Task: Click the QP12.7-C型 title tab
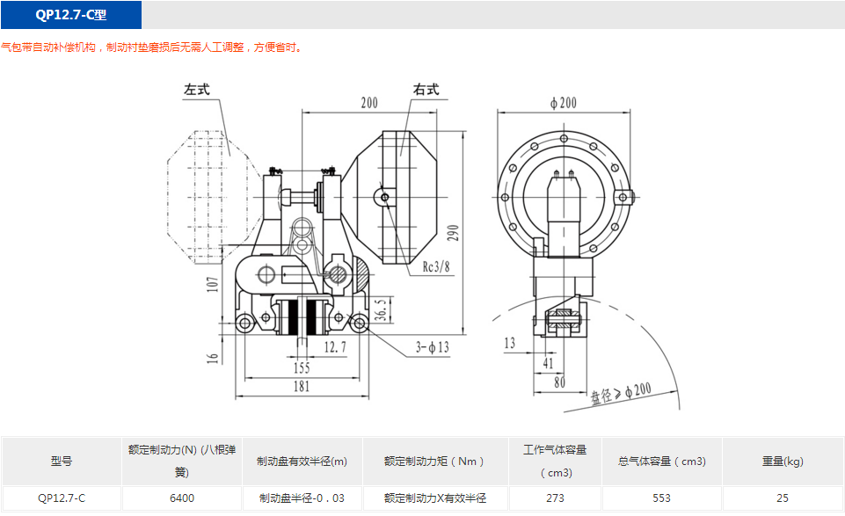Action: [x=71, y=15]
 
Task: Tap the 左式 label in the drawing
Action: [x=196, y=90]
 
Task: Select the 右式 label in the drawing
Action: [x=426, y=90]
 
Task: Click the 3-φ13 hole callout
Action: [x=432, y=348]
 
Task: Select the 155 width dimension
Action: [x=302, y=367]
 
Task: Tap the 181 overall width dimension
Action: [x=302, y=385]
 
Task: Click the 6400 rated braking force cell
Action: [x=182, y=498]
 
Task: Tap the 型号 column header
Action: [x=62, y=461]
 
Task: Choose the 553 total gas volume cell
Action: [x=661, y=498]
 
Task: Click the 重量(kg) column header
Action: [x=782, y=461]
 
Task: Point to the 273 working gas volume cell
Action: [x=555, y=498]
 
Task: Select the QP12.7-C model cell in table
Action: [x=62, y=498]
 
